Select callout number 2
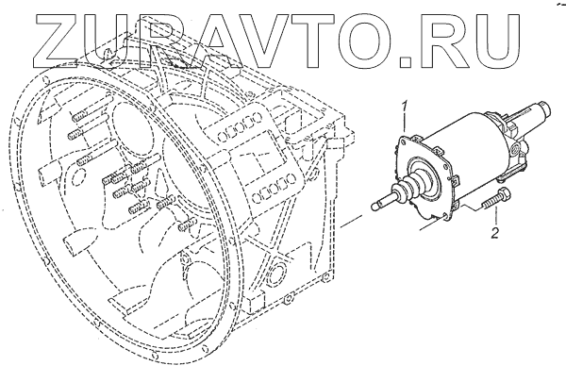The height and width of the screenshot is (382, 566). tap(493, 230)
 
